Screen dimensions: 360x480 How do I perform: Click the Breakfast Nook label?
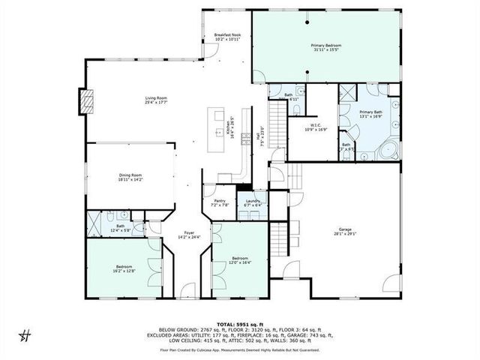226,35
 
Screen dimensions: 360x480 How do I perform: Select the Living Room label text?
156,97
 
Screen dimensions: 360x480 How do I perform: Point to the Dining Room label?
130,175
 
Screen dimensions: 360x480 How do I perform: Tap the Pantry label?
220,200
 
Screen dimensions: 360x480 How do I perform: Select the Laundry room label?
252,200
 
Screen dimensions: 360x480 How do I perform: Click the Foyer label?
187,232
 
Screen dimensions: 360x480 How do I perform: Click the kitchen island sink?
219,132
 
